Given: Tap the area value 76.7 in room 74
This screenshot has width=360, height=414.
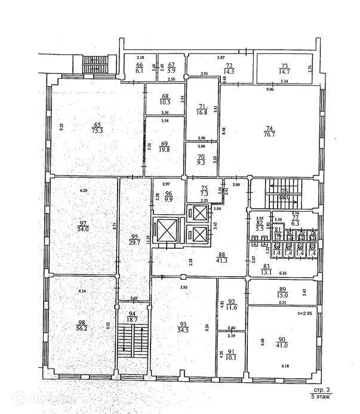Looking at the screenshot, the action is tap(269, 135).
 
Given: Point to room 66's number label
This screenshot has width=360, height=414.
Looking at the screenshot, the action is tap(139, 65).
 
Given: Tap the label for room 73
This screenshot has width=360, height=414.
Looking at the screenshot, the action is tap(284, 65).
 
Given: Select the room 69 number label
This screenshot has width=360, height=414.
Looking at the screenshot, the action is tap(165, 143).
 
